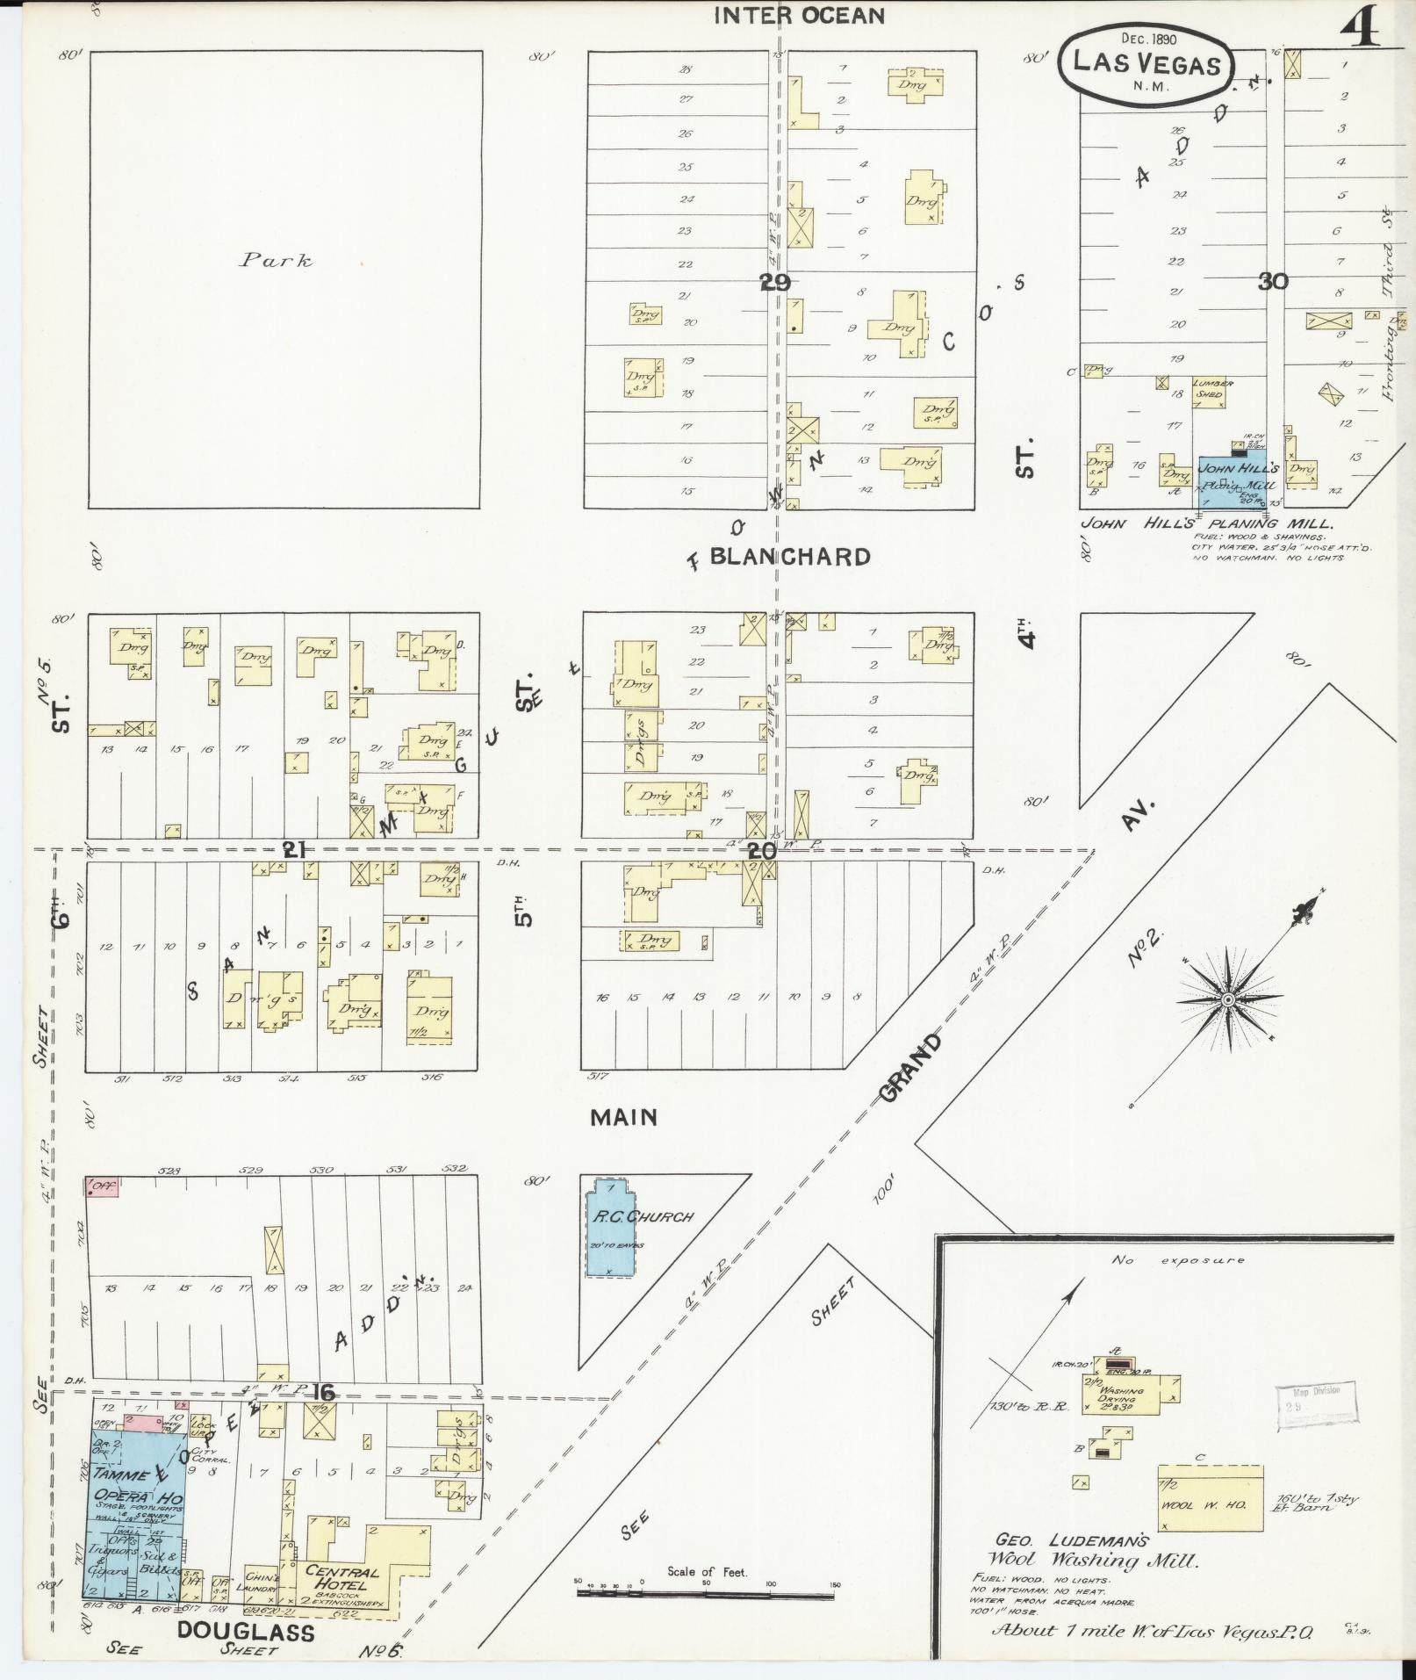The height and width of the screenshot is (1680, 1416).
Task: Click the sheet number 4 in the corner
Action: (x=1359, y=29)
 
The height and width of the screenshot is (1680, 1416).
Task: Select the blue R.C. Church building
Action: (x=611, y=1228)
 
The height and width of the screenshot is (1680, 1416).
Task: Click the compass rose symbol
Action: (x=1228, y=1000)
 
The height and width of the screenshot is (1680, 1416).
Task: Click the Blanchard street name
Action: (x=790, y=557)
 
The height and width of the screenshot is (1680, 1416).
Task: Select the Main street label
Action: (x=623, y=1117)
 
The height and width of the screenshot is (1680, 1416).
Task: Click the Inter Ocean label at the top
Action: (x=799, y=16)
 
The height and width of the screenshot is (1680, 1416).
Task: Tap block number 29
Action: (x=775, y=282)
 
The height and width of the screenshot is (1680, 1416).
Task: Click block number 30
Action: (x=1272, y=281)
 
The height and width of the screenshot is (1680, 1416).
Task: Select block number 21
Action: (x=293, y=849)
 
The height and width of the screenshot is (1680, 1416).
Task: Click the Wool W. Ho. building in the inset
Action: (x=1211, y=1504)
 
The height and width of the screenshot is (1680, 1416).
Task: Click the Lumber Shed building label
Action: (x=1212, y=389)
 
